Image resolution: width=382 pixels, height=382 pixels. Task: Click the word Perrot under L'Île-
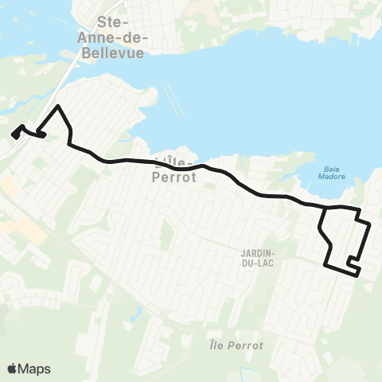click(172, 177)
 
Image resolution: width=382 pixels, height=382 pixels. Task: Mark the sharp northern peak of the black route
click(57, 106)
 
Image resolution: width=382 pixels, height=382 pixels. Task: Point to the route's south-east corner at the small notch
click(358, 273)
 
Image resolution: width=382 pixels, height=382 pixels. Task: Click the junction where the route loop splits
click(324, 209)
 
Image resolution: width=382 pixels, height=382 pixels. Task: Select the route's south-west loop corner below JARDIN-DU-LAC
click(326, 264)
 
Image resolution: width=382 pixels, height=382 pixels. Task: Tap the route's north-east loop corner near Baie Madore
click(360, 211)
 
